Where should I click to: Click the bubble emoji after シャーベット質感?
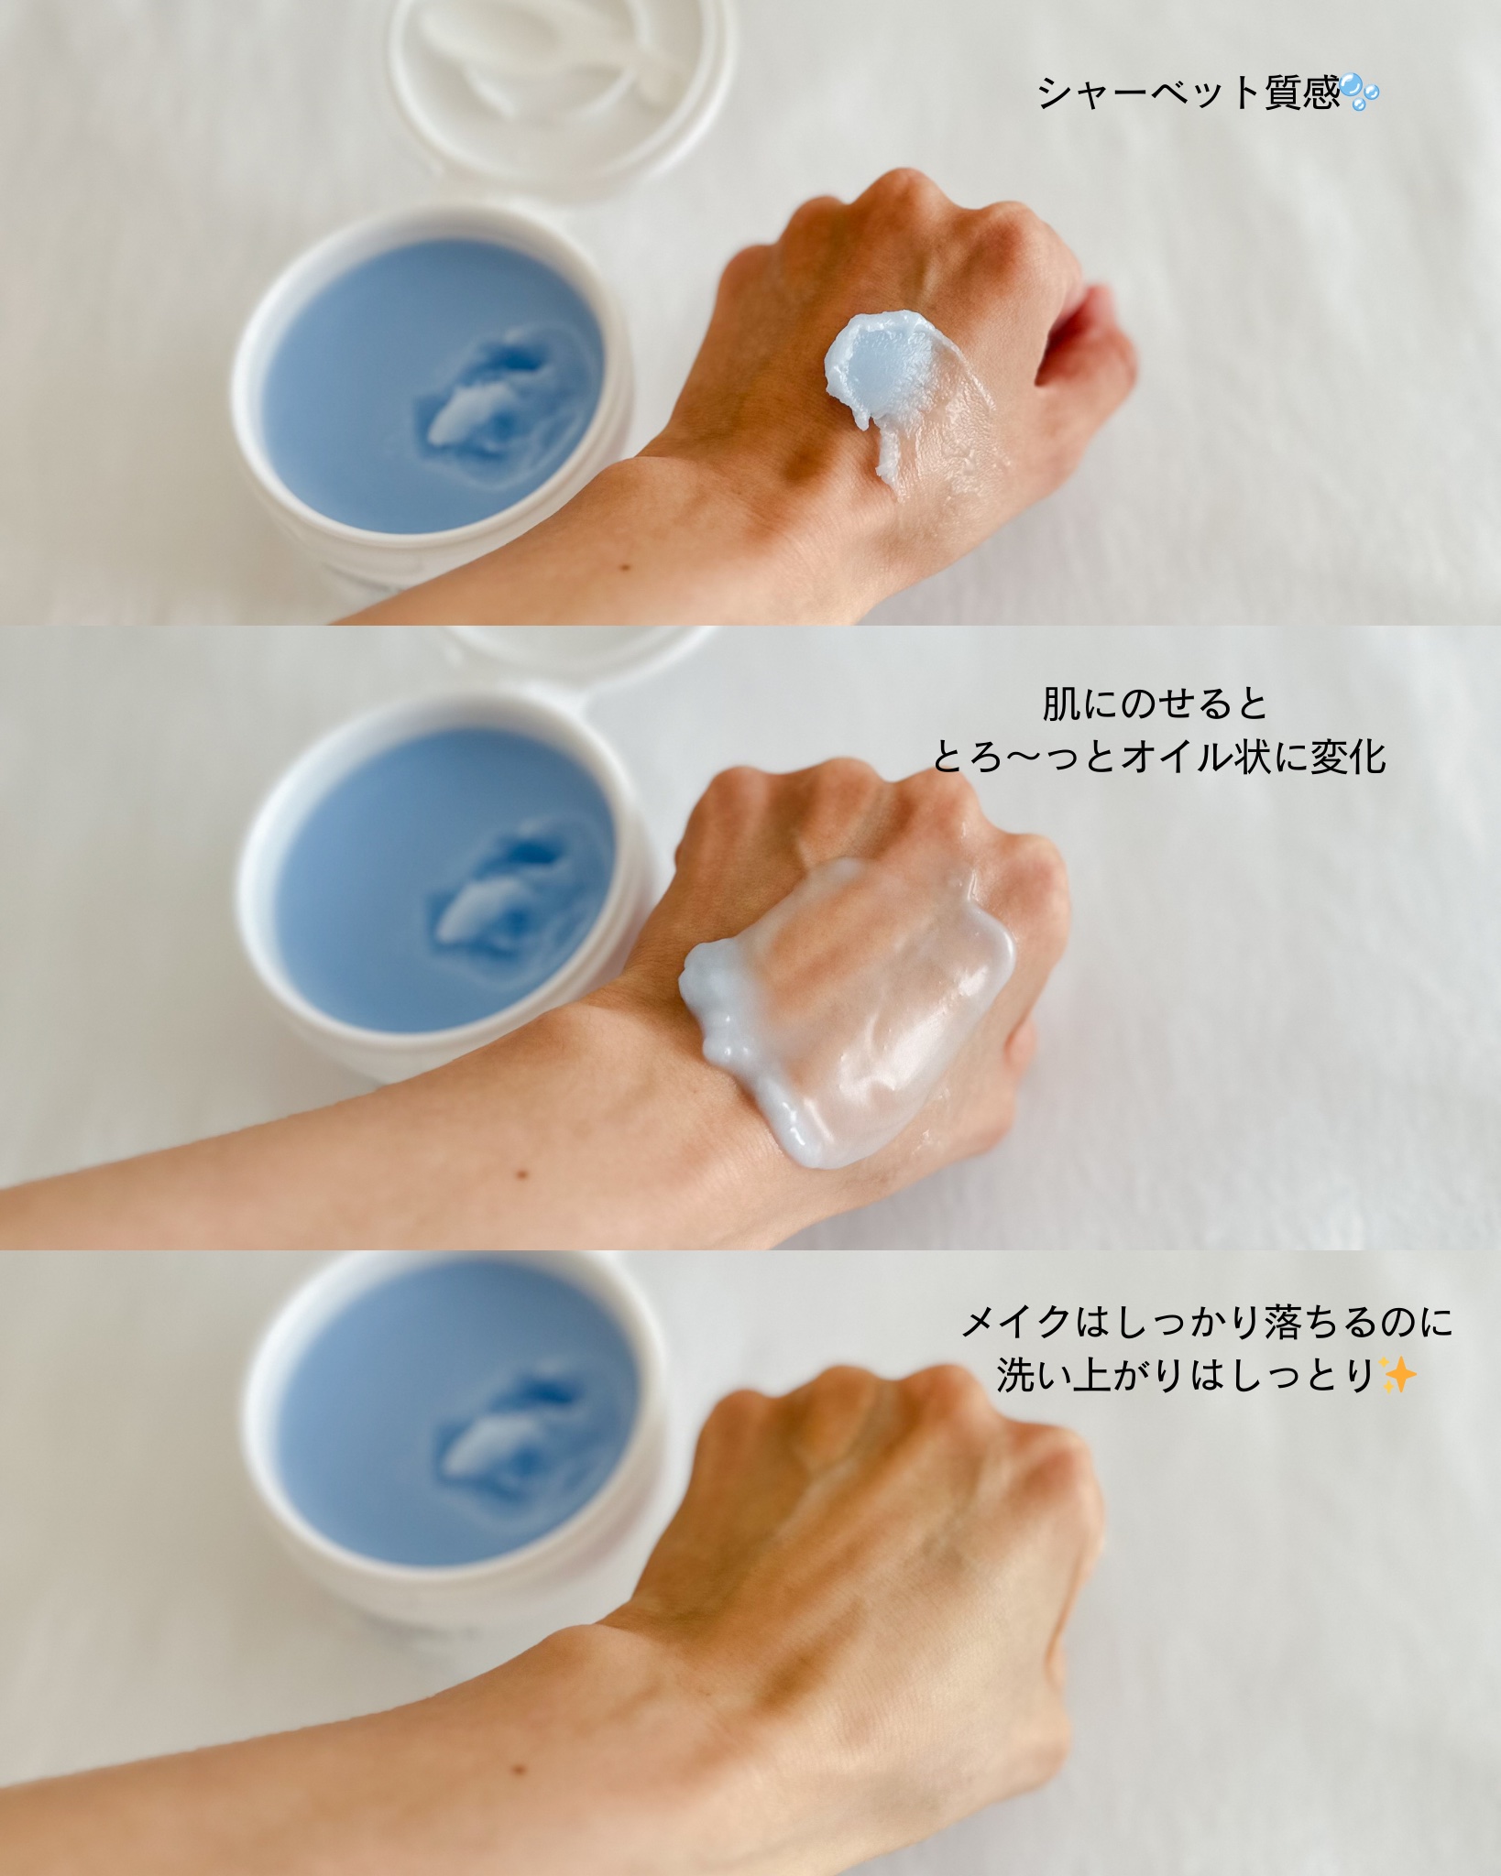[x=1358, y=93]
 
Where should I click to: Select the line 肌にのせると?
[x=1156, y=704]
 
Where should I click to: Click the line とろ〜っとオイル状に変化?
[x=1159, y=758]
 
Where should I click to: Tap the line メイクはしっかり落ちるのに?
[x=1206, y=1322]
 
